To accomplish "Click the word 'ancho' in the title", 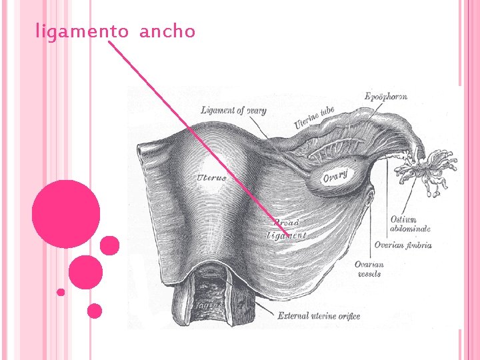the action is click(167, 31).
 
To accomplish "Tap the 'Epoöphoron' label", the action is click(386, 97).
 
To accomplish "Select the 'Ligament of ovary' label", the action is click(233, 110).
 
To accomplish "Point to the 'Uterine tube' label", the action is click(314, 118).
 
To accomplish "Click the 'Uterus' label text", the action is click(212, 177).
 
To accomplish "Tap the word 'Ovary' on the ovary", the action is click(335, 177).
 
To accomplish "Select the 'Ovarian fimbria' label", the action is click(403, 245).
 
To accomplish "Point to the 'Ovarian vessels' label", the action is click(369, 269).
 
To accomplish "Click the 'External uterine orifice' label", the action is click(319, 315).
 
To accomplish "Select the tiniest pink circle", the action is click(61, 291).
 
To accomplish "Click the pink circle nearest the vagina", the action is click(95, 310).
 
